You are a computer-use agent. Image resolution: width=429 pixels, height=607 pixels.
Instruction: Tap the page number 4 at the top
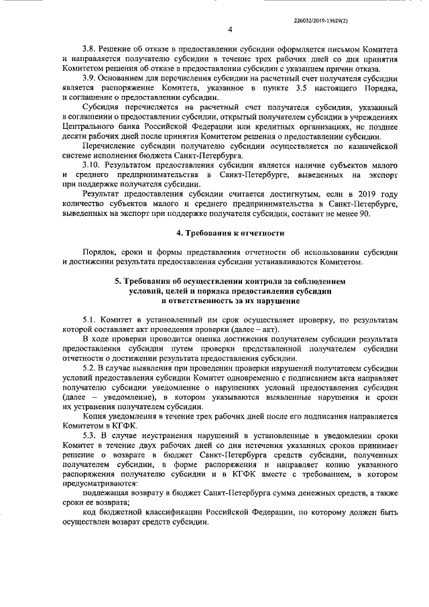pyautogui.click(x=229, y=30)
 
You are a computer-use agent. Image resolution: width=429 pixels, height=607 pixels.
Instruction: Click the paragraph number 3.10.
pyautogui.click(x=91, y=164)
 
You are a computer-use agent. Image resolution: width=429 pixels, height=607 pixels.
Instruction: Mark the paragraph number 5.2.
pyautogui.click(x=89, y=369)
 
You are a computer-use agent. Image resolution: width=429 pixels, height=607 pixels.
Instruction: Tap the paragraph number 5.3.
pyautogui.click(x=89, y=435)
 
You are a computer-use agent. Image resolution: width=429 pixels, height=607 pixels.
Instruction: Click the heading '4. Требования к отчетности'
pyautogui.click(x=229, y=233)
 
